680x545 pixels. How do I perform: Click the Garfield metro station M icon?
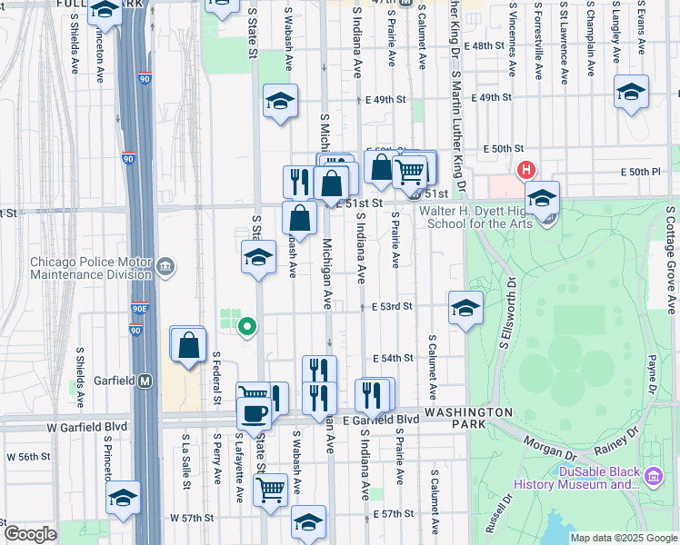point(145,381)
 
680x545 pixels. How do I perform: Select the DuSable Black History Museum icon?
point(654,476)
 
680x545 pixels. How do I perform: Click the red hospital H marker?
point(525,169)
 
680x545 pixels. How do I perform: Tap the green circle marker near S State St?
point(245,325)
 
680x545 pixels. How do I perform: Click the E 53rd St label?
point(392,307)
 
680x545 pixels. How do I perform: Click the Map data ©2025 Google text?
point(624,538)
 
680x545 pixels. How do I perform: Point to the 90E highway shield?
point(139,310)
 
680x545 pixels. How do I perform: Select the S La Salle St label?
point(185,462)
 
